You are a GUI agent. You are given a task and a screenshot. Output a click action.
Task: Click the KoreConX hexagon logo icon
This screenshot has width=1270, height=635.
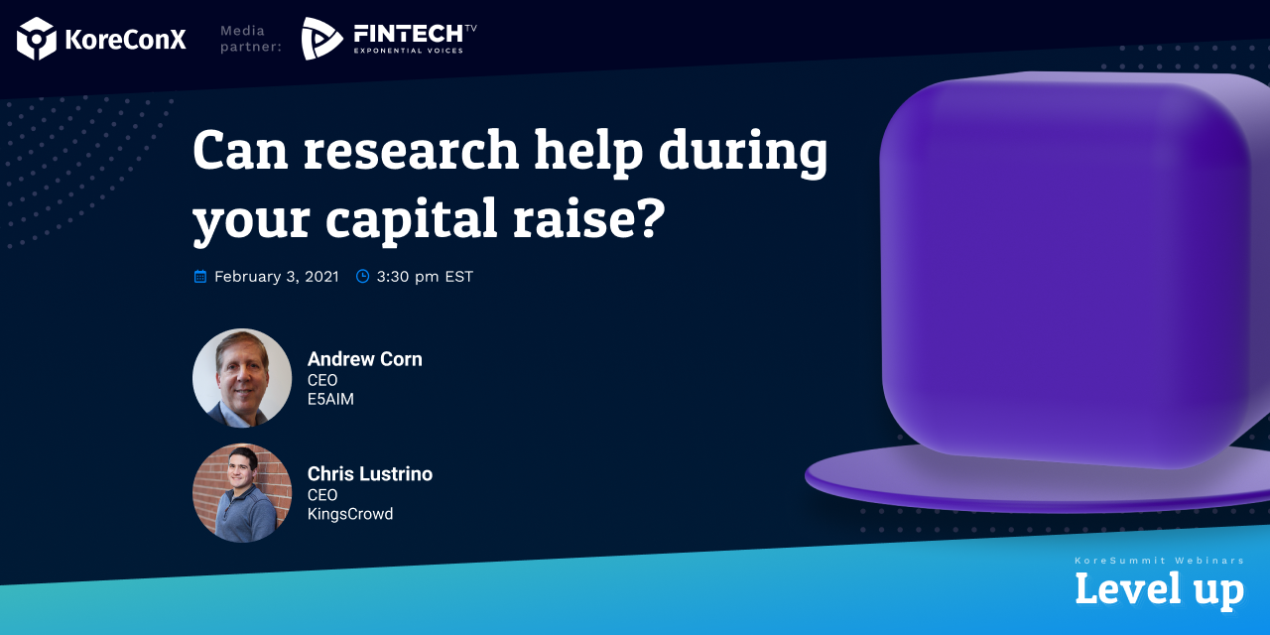[37, 39]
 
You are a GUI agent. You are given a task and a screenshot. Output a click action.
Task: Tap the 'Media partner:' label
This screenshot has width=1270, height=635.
[250, 39]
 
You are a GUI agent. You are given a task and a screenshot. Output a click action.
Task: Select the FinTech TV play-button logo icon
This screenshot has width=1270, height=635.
[321, 39]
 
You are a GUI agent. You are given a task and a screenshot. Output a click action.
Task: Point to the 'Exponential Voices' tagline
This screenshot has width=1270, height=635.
[408, 51]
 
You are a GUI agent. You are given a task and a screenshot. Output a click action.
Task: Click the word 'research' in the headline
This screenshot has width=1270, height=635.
[411, 151]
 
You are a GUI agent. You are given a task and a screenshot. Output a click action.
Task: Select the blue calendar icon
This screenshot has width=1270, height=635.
[200, 277]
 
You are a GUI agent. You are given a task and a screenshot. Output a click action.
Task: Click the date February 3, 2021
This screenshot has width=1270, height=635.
[276, 277]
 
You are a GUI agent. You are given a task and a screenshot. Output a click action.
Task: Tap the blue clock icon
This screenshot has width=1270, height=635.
[362, 277]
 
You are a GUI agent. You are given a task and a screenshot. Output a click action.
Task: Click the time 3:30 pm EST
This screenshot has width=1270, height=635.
[425, 277]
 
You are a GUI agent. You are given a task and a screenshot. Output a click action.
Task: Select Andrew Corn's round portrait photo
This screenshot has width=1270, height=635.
[242, 378]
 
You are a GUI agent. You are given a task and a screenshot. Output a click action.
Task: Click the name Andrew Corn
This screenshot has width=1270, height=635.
[364, 359]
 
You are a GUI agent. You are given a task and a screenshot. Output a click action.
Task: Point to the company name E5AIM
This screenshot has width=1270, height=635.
[330, 399]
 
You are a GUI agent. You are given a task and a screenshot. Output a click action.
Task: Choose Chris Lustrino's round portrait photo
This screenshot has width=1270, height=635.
[242, 493]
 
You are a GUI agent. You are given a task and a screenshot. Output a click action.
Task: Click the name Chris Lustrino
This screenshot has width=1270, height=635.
[369, 474]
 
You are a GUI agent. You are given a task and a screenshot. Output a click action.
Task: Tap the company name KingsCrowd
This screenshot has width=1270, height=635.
[349, 514]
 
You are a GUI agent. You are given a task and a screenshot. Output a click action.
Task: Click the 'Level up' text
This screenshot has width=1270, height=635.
[1159, 588]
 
